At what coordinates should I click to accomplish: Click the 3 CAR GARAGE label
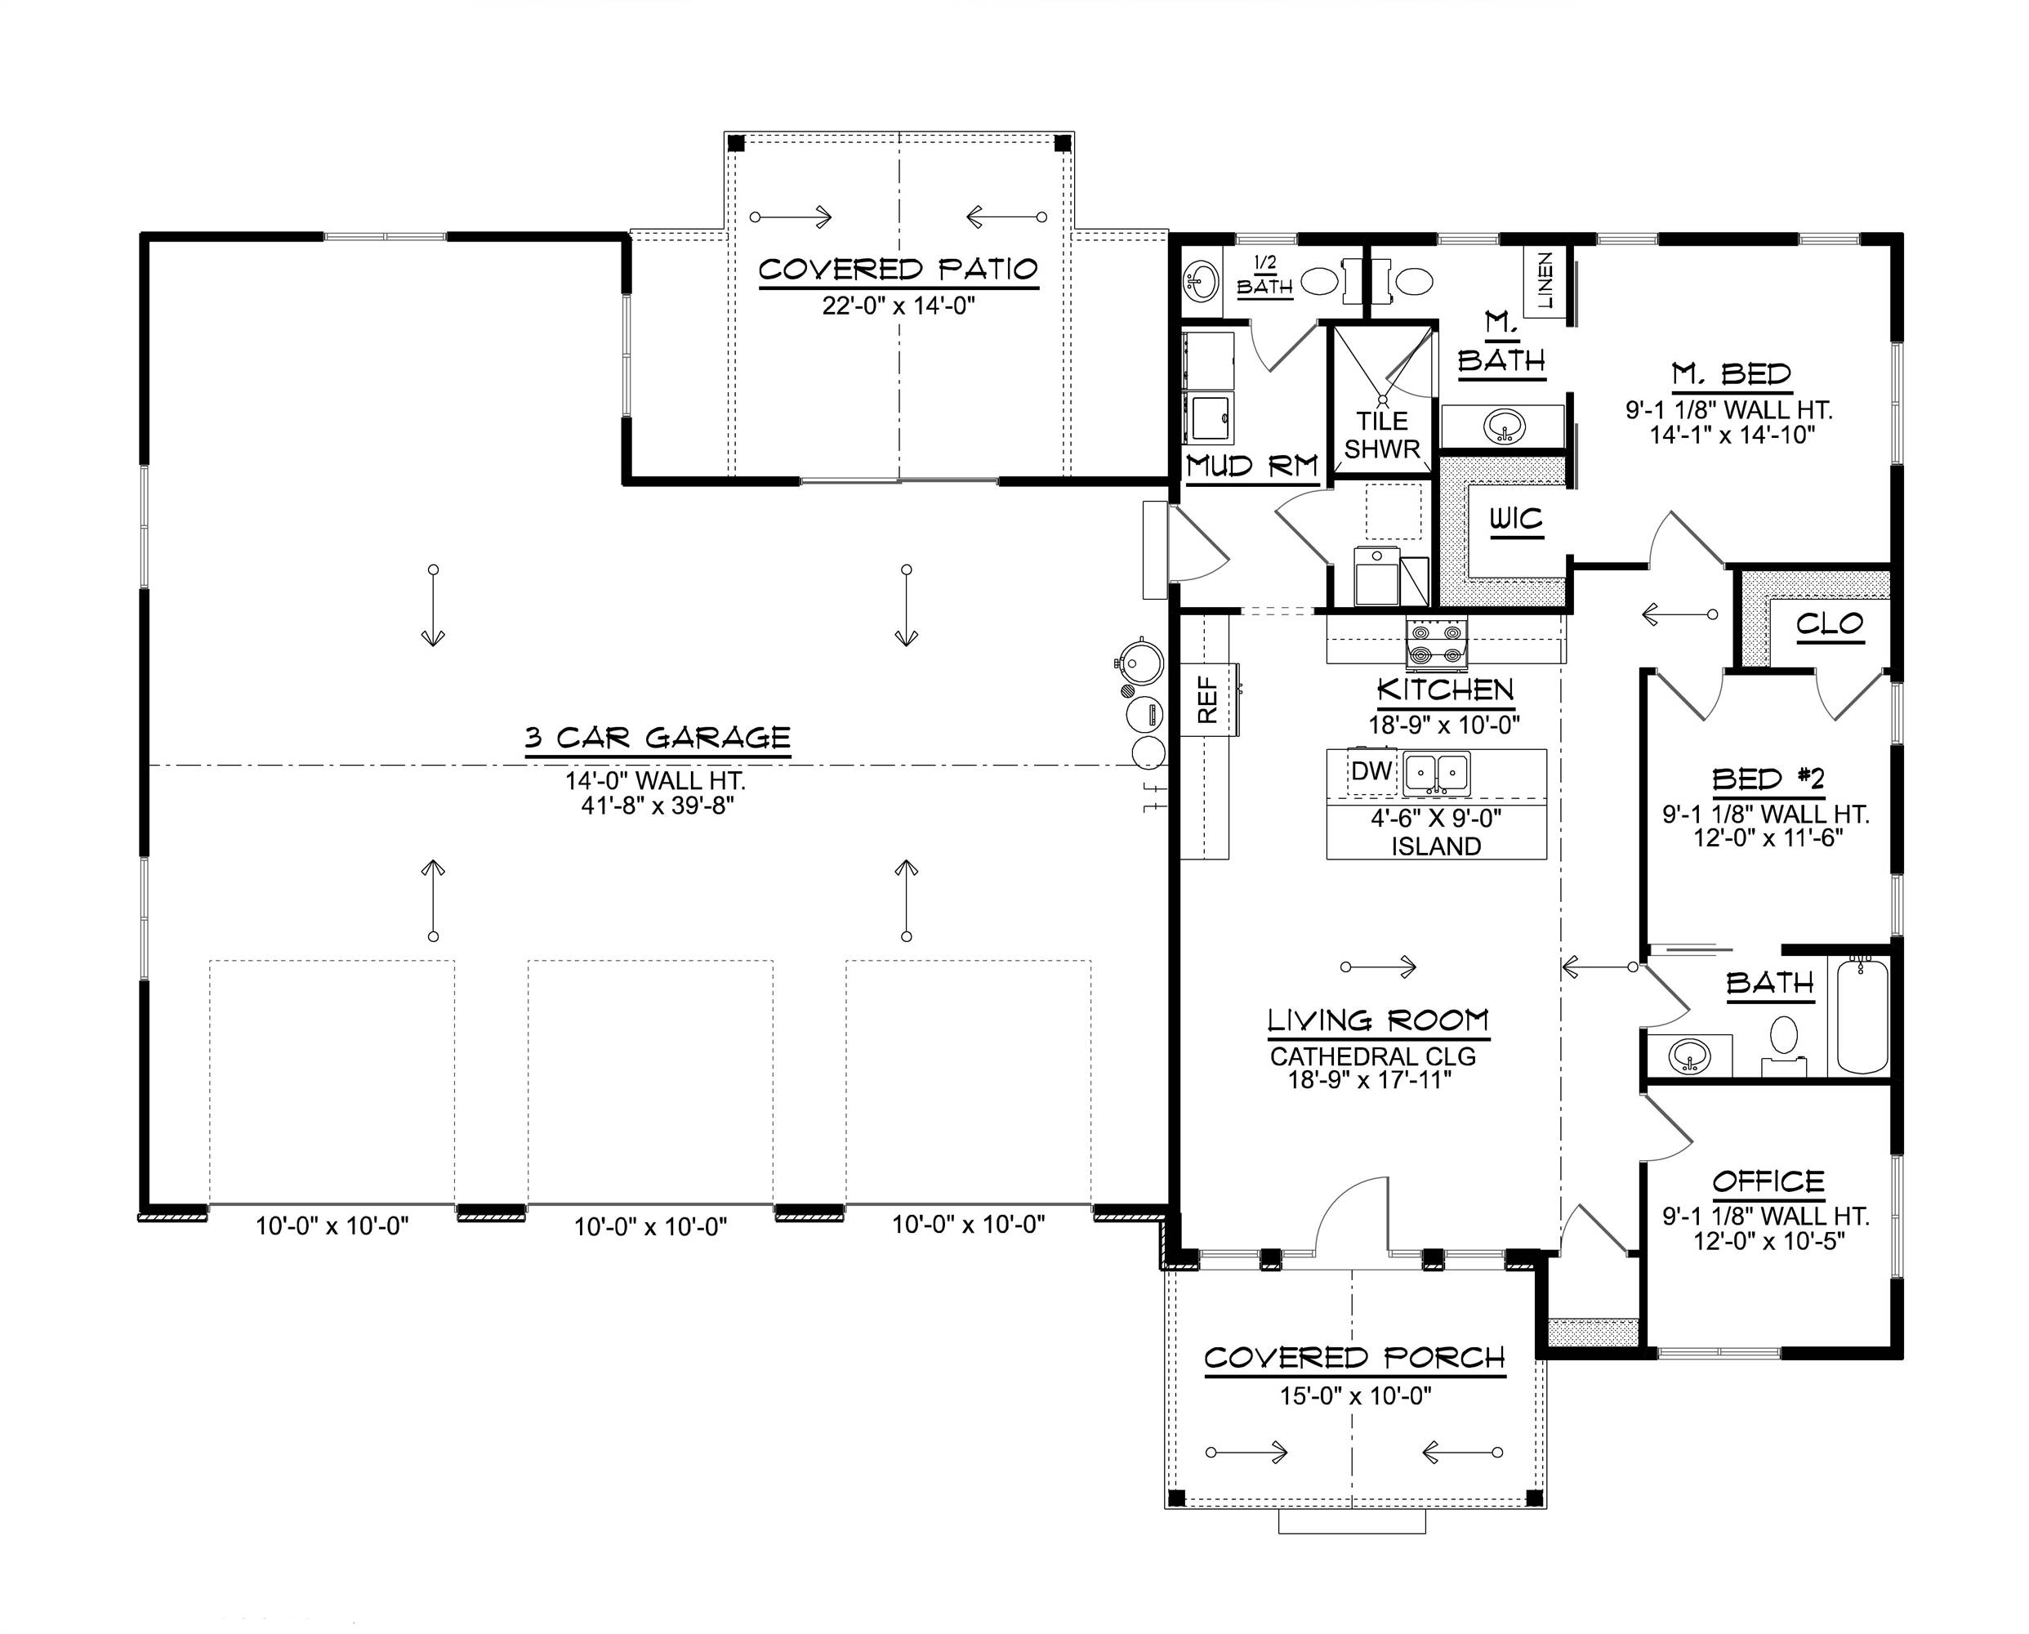657,737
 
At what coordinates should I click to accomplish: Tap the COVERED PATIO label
898,270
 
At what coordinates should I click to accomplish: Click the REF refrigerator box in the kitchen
1208,699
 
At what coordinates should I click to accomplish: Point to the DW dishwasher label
1371,772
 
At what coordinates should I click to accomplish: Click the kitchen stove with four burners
1436,644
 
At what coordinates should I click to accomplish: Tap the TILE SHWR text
1381,435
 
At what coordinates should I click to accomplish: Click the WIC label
1516,520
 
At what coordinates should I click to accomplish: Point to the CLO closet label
1829,624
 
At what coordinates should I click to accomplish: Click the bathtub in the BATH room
1862,1016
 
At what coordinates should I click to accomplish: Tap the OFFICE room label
1768,1181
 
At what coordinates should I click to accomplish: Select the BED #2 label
1768,779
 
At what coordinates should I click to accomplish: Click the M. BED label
1731,375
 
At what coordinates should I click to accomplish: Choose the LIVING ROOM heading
1378,1020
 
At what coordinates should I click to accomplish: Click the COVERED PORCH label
1354,1358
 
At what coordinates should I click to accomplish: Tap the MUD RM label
1251,466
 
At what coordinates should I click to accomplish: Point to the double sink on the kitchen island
1436,774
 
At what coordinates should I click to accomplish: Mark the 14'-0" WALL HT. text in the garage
655,780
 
